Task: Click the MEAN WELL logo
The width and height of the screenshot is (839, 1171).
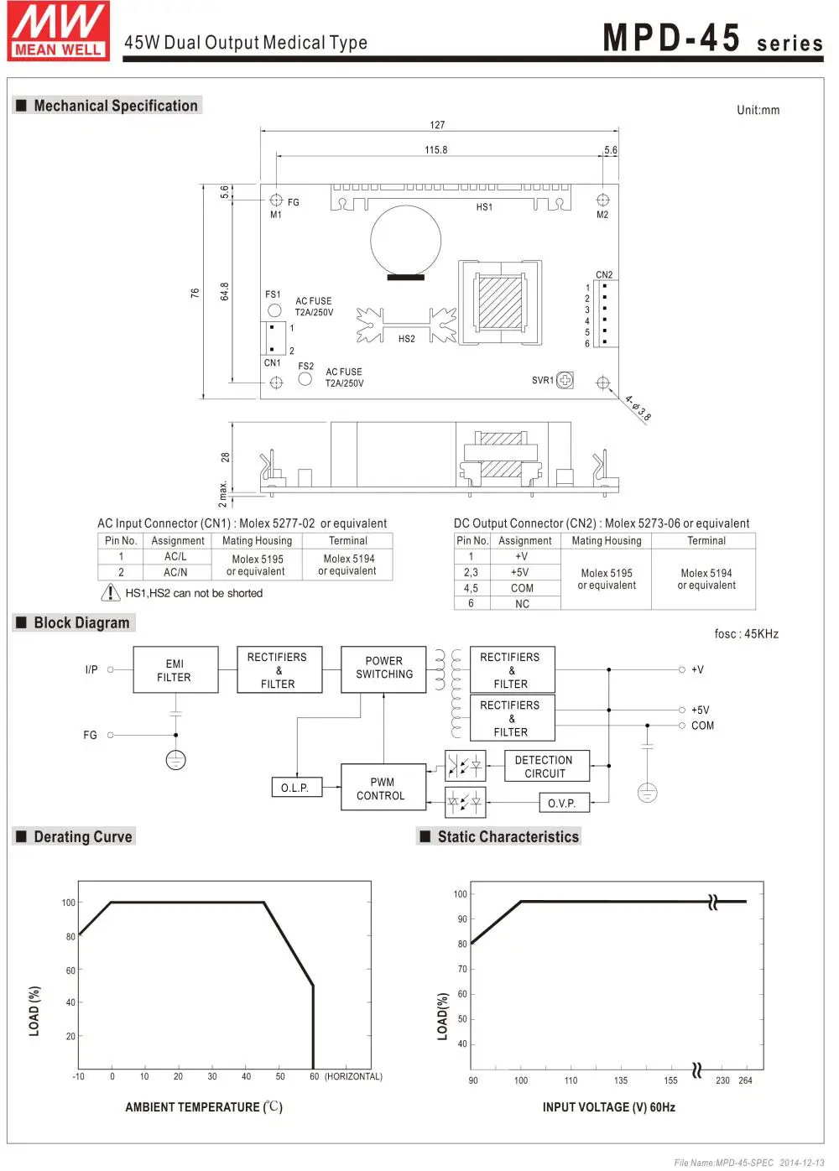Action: tap(58, 31)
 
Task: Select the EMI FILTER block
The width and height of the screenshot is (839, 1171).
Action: tap(175, 669)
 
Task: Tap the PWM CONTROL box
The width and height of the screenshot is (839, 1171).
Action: tap(383, 788)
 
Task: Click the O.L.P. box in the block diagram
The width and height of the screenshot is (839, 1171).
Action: tap(297, 788)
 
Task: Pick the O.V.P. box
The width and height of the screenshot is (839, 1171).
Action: tap(564, 803)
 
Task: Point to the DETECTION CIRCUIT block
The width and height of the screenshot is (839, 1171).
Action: tap(547, 766)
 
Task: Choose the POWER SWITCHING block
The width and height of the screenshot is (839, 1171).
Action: tap(383, 669)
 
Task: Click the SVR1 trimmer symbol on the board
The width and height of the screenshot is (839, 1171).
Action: tap(565, 380)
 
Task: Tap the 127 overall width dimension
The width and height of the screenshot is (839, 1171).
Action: tap(437, 125)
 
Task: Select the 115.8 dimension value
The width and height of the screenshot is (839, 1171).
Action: tap(436, 150)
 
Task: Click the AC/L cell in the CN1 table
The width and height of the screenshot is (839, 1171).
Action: tap(175, 556)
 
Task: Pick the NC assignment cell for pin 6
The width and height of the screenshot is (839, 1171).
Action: tap(522, 604)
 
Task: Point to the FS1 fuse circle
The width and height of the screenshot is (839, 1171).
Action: tap(274, 310)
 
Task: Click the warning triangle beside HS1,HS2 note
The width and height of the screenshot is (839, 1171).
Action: tap(110, 592)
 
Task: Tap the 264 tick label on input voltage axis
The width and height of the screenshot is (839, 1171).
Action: tap(745, 1080)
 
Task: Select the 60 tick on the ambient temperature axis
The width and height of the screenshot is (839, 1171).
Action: tap(314, 1076)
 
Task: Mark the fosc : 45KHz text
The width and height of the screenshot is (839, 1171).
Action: tap(747, 634)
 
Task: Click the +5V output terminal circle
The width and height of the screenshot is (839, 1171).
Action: tap(681, 710)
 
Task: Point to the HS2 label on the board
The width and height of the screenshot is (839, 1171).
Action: tap(407, 339)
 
